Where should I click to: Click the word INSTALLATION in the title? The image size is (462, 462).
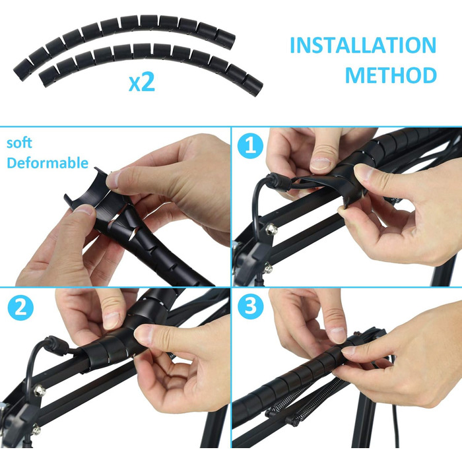[x=363, y=45]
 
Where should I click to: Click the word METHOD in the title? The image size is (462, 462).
[x=391, y=75]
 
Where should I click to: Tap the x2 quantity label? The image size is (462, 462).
[x=142, y=82]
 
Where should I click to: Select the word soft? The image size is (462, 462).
[x=19, y=143]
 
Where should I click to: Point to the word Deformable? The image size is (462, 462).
[x=48, y=162]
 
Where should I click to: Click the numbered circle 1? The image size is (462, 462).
[x=250, y=146]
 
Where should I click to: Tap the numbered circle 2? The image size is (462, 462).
[x=20, y=308]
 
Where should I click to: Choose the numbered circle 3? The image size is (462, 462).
[x=251, y=306]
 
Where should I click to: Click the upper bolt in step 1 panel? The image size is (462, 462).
[x=271, y=229]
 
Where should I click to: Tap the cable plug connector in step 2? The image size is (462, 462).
[x=57, y=345]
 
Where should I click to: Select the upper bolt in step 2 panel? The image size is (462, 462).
[x=39, y=391]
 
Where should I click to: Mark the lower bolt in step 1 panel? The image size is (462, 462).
[x=268, y=269]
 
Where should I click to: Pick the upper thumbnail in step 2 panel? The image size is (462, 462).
[x=112, y=320]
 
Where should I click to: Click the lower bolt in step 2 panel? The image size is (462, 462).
[x=36, y=430]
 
